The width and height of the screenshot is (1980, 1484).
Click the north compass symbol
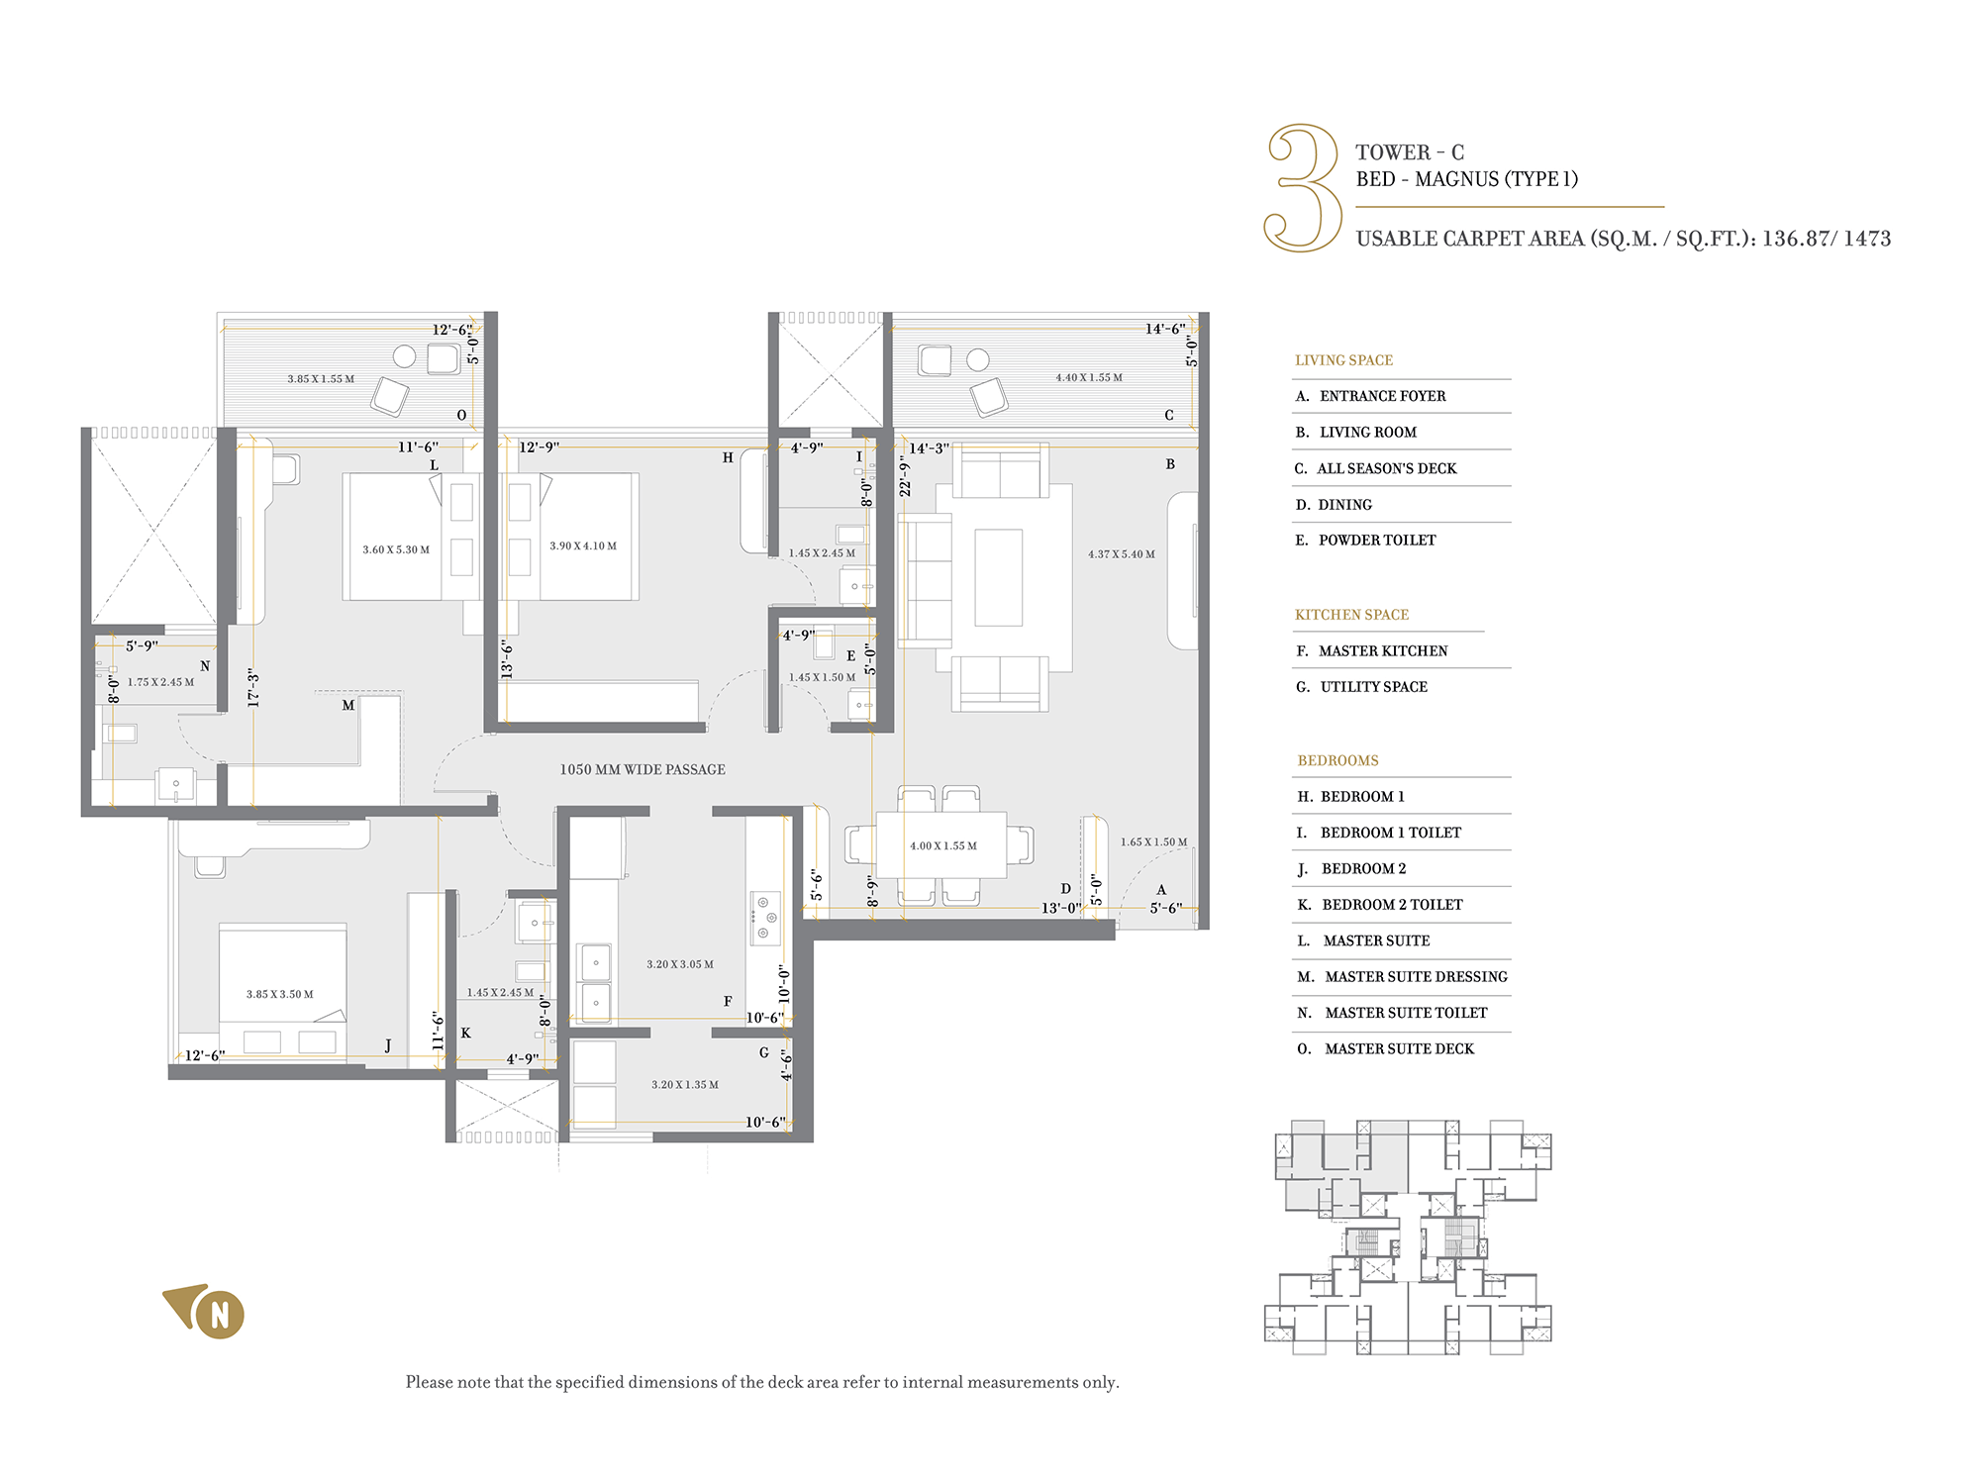coord(205,1312)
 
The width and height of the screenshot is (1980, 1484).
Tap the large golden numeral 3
coord(1303,187)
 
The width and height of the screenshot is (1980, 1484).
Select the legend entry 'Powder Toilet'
coord(1365,541)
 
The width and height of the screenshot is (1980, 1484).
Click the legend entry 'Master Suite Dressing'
coord(1402,977)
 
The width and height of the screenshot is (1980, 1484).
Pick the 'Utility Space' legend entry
coord(1361,687)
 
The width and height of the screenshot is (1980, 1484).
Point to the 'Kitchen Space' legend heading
coord(1351,615)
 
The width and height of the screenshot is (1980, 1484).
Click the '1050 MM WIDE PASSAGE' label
coord(643,769)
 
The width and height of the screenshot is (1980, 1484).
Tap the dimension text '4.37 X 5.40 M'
coord(1122,554)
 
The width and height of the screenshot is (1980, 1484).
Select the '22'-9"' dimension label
coord(905,475)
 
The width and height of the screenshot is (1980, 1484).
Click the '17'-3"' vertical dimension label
coord(253,687)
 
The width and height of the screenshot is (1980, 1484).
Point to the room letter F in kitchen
coord(728,1002)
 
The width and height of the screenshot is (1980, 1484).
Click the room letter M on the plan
coord(348,706)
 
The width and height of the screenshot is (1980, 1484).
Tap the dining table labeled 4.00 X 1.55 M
coord(941,844)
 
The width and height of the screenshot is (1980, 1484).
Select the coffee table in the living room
coord(998,577)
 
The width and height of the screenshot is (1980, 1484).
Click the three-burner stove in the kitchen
coord(764,918)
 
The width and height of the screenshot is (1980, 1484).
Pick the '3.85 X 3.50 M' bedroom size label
coord(280,994)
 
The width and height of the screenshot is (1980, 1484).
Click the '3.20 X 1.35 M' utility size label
coord(685,1085)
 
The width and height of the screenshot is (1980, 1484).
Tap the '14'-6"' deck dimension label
coord(1165,329)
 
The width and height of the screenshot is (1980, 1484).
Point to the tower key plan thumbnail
coord(1408,1237)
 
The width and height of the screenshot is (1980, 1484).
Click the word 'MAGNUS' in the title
coord(1456,179)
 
